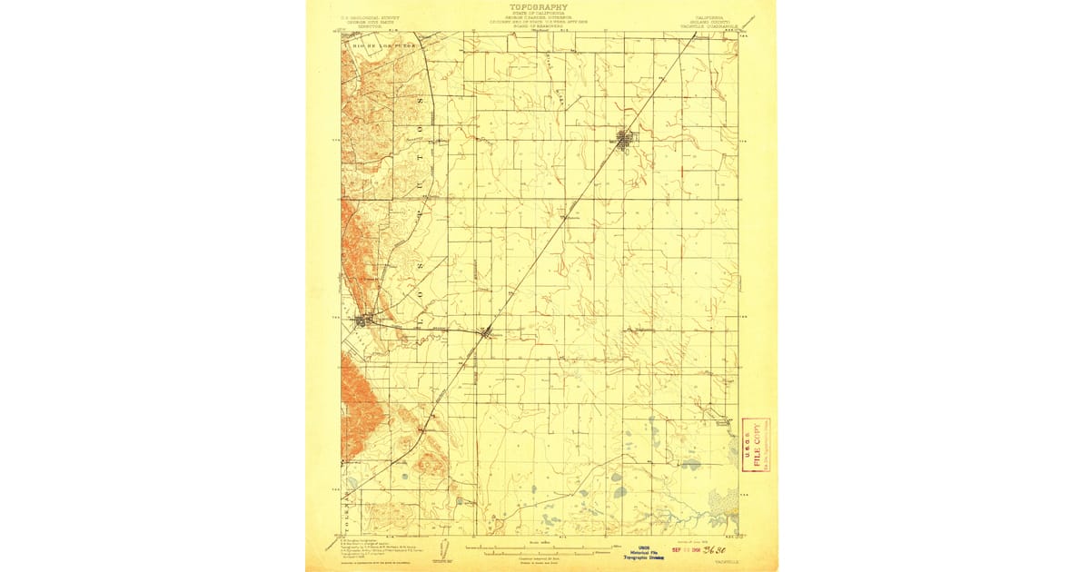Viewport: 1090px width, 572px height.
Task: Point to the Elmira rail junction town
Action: click(x=489, y=332)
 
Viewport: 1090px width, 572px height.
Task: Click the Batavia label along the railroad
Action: click(x=570, y=217)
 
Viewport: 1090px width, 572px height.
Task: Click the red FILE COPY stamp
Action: click(x=755, y=444)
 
